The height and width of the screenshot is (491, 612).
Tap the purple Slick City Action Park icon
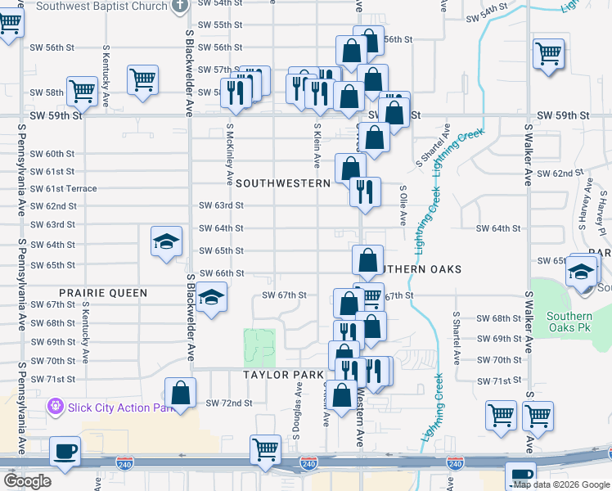click(55, 404)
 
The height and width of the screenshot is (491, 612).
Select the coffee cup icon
click(65, 451)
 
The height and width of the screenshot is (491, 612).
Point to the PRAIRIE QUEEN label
click(103, 292)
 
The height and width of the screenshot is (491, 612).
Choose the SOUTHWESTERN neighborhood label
click(282, 183)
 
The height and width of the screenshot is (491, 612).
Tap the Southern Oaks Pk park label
click(569, 322)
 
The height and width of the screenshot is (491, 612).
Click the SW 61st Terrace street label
click(64, 189)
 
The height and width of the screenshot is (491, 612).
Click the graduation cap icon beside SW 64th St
click(165, 242)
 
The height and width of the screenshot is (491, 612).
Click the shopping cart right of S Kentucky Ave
click(142, 80)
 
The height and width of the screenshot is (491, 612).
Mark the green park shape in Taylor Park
click(261, 346)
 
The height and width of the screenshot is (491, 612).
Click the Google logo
click(28, 481)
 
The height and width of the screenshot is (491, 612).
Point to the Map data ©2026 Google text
click(561, 484)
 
